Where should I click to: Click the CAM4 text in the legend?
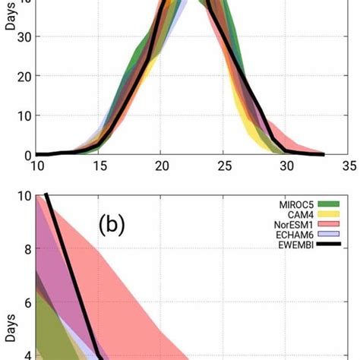(x=298, y=213)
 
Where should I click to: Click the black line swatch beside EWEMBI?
(x=329, y=245)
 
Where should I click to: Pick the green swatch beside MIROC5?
(x=329, y=203)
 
